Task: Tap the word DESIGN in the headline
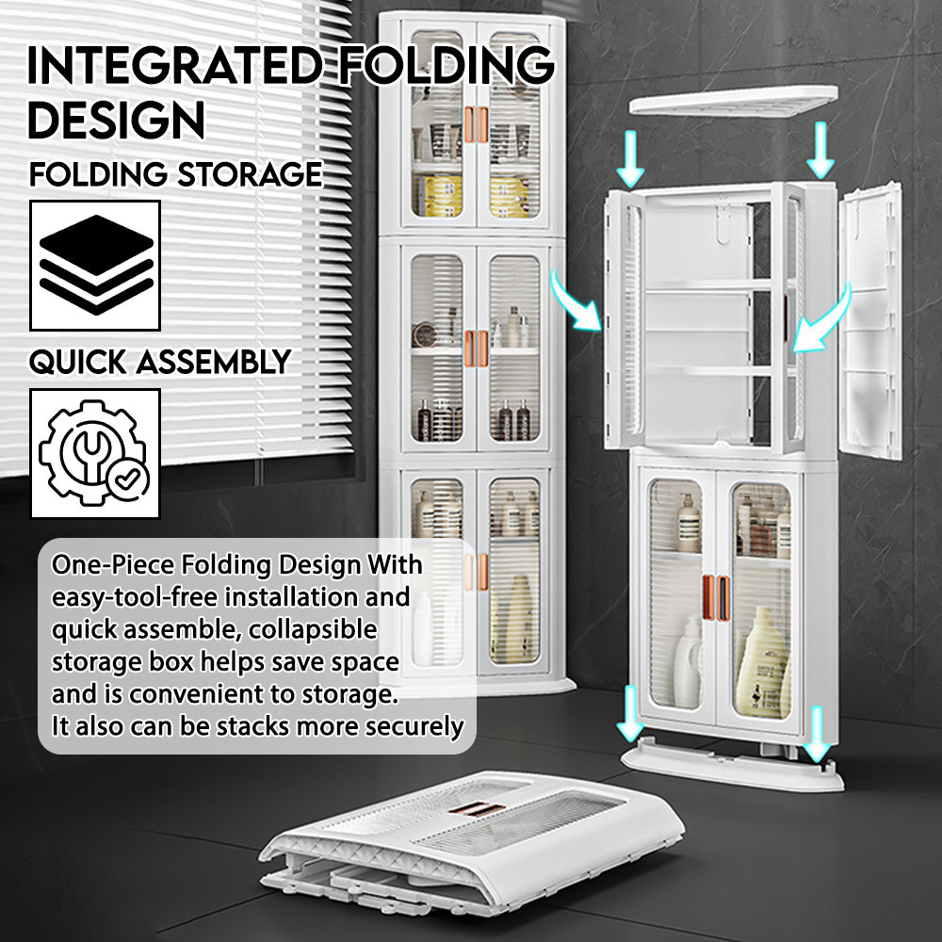[x=116, y=120]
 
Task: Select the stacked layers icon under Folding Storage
[x=94, y=265]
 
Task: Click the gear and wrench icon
[x=94, y=453]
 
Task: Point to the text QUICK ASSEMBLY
[x=159, y=362]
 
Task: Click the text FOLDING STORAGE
[x=175, y=174]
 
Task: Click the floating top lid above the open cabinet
[x=733, y=99]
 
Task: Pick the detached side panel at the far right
[x=871, y=320]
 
